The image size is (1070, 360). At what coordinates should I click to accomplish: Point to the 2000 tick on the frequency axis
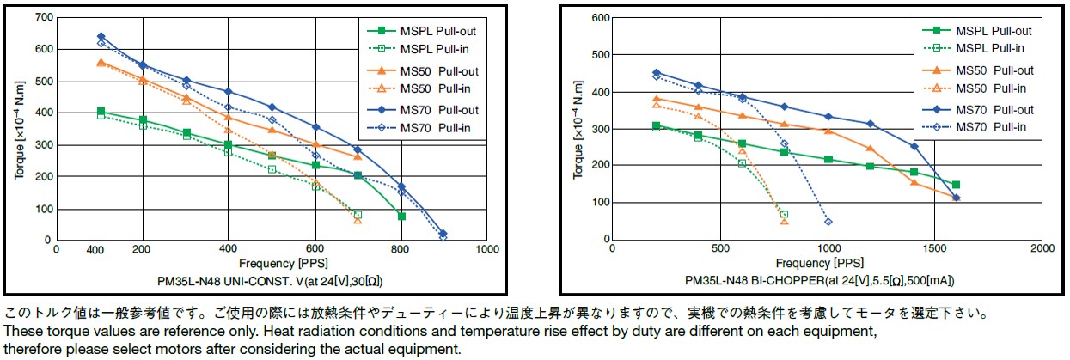pyautogui.click(x=1042, y=248)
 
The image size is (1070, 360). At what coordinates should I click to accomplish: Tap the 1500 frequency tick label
pyautogui.click(x=934, y=248)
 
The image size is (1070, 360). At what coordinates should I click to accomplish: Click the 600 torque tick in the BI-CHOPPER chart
pyautogui.click(x=598, y=17)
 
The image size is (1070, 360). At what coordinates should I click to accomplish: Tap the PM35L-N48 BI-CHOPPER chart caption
pyautogui.click(x=820, y=280)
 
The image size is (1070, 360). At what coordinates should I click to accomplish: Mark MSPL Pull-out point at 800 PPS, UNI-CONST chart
pyautogui.click(x=401, y=217)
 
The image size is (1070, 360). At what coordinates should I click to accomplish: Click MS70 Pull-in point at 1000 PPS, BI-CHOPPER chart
pyautogui.click(x=828, y=222)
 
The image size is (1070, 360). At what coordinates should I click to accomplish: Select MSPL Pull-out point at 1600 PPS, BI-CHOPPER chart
pyautogui.click(x=956, y=185)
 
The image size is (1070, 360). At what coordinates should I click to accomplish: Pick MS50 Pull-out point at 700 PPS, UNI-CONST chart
pyautogui.click(x=358, y=156)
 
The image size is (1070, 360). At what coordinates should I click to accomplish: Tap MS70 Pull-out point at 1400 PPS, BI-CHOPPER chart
pyautogui.click(x=914, y=146)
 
